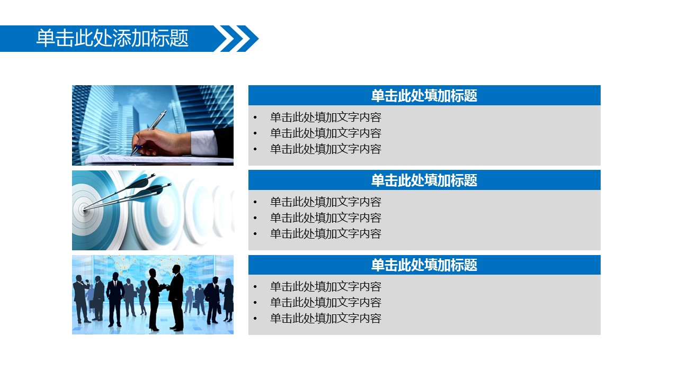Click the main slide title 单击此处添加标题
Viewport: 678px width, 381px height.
pos(112,38)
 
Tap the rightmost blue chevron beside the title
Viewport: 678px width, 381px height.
pos(247,39)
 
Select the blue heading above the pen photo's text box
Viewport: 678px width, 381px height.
pos(424,95)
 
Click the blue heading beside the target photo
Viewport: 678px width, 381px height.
pos(424,180)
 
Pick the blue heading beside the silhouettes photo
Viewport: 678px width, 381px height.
pos(424,265)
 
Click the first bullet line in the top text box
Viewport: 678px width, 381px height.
pos(326,117)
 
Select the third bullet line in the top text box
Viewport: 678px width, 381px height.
pos(326,149)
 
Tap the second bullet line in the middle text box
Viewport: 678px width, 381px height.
pos(326,217)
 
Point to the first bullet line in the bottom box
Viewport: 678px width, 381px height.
pos(326,287)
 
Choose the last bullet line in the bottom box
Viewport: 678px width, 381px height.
pos(326,319)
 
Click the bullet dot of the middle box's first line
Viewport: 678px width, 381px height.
pos(255,202)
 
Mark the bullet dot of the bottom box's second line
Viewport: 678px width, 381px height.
pos(255,302)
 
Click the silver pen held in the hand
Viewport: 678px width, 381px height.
pos(149,132)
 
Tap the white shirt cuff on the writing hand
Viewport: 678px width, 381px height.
pos(203,142)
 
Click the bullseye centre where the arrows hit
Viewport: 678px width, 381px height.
pos(84,208)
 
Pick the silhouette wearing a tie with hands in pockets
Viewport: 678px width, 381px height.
pos(115,300)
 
